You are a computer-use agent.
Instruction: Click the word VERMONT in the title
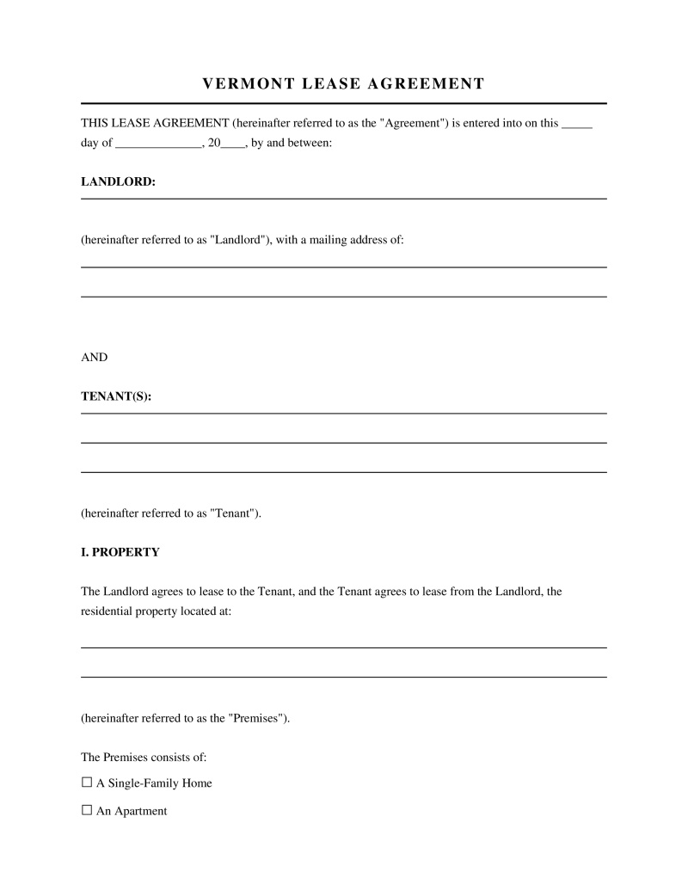[237, 83]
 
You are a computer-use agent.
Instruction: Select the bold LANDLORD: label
[118, 182]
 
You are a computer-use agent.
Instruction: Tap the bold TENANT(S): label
[116, 396]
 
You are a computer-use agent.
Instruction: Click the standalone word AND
[95, 357]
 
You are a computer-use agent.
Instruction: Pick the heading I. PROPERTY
[120, 552]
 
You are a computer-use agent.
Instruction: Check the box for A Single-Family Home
[86, 783]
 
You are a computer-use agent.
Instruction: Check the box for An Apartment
[86, 811]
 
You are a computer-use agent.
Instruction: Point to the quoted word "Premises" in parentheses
[257, 718]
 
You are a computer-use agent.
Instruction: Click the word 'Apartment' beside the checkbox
[140, 811]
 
